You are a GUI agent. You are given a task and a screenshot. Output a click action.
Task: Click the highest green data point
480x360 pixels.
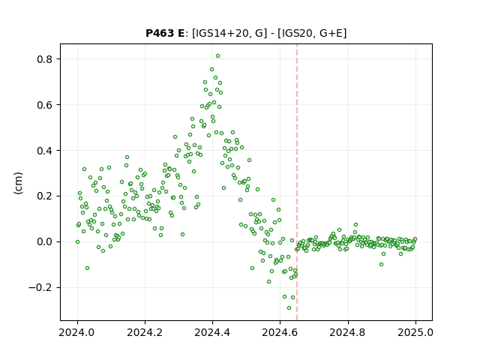coord(217,56)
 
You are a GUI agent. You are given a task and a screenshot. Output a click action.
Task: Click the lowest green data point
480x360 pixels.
coord(289,308)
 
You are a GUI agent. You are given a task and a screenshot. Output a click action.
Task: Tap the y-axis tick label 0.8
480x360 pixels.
coord(45,59)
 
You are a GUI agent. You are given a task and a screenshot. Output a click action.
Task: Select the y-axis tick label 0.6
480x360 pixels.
coord(45,105)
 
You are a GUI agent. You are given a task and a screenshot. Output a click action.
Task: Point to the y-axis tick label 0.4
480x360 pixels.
coord(45,151)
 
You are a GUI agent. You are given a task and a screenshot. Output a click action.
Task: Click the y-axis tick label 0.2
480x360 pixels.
coord(45,196)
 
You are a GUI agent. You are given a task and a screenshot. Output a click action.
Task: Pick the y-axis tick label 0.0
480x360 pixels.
coord(45,241)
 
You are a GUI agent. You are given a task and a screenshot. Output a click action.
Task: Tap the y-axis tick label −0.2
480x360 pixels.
coord(40,288)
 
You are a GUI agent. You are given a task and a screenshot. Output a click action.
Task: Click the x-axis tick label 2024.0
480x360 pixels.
coord(77,332)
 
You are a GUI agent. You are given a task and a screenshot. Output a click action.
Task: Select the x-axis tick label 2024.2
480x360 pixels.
coord(145,332)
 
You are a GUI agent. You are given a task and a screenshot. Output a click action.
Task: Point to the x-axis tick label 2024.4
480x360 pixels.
coord(212,332)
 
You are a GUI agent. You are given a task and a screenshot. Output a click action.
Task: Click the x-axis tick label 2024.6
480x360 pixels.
coord(280,332)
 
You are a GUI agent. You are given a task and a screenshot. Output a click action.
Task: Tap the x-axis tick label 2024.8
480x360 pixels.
coord(348,332)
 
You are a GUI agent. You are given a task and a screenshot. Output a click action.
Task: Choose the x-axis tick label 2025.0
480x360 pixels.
coord(415,332)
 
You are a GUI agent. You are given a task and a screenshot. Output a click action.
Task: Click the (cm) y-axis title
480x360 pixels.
coord(18,183)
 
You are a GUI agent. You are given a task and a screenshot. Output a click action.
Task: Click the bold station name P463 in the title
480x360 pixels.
coord(160,33)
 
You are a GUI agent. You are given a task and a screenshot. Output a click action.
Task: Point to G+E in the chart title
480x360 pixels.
coord(331,33)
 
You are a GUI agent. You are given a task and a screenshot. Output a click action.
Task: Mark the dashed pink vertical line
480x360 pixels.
coord(297,182)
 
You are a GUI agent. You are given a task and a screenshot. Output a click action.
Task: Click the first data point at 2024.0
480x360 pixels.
coord(77,241)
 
